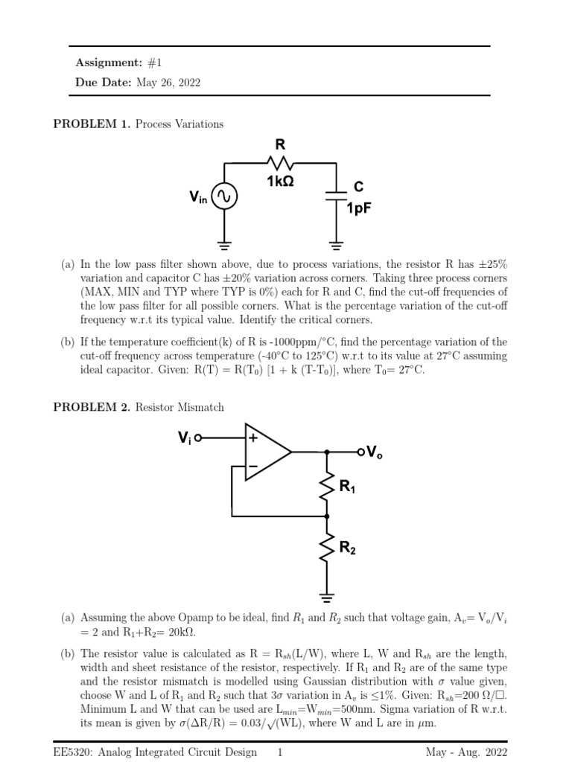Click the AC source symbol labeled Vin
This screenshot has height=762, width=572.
[x=224, y=197]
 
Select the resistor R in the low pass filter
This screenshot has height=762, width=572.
[x=281, y=161]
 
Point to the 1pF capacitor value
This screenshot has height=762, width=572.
[x=359, y=209]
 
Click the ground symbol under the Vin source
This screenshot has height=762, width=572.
[x=224, y=242]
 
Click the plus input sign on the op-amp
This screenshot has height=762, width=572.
[x=253, y=438]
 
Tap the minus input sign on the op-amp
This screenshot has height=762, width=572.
[x=253, y=467]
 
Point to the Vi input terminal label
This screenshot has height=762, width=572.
[x=185, y=438]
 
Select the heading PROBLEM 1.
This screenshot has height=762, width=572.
[x=91, y=124]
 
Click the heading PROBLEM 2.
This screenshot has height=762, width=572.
[x=91, y=407]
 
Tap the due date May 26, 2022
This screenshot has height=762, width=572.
[x=168, y=83]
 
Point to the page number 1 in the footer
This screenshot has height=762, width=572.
[x=279, y=752]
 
